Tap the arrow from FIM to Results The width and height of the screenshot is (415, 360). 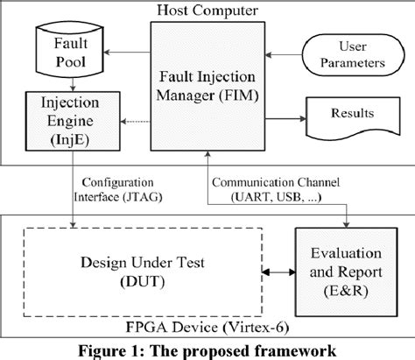coord(285,114)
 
